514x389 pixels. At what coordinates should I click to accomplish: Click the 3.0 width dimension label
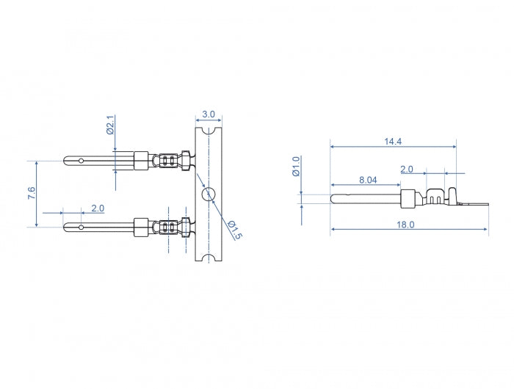[209, 114]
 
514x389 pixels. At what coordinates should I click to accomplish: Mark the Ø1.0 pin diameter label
[296, 165]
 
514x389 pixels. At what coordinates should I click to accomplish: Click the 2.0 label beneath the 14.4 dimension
[406, 169]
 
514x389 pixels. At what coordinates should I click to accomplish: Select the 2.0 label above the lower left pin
[97, 208]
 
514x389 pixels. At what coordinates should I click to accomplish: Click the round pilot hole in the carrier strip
[209, 194]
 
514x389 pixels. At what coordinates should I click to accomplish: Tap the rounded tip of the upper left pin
[68, 159]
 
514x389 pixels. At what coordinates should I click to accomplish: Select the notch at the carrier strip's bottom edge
[209, 258]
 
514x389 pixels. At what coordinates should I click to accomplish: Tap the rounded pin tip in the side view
[333, 197]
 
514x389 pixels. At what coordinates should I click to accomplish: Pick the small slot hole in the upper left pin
[82, 159]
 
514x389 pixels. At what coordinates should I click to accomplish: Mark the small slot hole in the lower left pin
[82, 227]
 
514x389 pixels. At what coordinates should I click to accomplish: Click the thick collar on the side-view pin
[408, 197]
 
